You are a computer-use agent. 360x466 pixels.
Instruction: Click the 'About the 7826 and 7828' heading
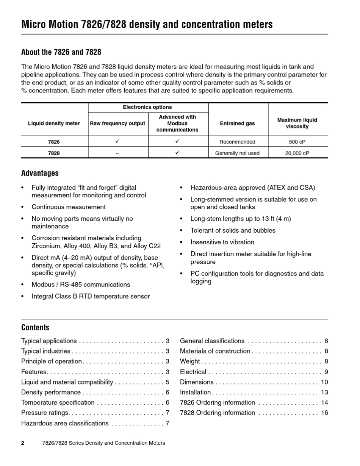point(61,52)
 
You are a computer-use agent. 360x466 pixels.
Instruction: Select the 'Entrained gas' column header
point(237,124)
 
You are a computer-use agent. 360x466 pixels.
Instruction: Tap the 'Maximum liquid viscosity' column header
point(297,123)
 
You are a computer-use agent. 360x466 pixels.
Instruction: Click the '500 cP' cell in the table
point(297,142)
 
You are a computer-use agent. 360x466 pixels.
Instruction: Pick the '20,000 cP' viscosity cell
point(297,153)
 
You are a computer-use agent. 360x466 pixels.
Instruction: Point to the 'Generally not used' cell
point(237,153)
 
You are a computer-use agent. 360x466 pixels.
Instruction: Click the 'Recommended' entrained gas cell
point(237,142)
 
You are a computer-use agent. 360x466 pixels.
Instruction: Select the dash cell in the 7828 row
point(117,153)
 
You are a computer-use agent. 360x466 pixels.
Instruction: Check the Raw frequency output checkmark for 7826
point(117,141)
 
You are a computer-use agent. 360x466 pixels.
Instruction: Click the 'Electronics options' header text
point(147,108)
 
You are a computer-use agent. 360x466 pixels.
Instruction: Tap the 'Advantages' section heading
point(40,173)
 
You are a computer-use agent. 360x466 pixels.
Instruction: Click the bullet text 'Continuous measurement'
point(69,207)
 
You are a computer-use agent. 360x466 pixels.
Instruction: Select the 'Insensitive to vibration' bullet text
point(222,242)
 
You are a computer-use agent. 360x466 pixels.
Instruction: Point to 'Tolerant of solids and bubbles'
point(233,230)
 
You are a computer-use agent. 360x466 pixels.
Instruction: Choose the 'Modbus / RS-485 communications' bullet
point(81,285)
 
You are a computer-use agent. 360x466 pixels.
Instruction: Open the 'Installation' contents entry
point(195,392)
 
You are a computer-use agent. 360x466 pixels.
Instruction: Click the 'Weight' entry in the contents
point(190,361)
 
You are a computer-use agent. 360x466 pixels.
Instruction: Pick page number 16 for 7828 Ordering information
point(324,413)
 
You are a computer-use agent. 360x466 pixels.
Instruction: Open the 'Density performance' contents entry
point(51,392)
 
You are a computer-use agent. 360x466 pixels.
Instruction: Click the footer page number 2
point(23,443)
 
